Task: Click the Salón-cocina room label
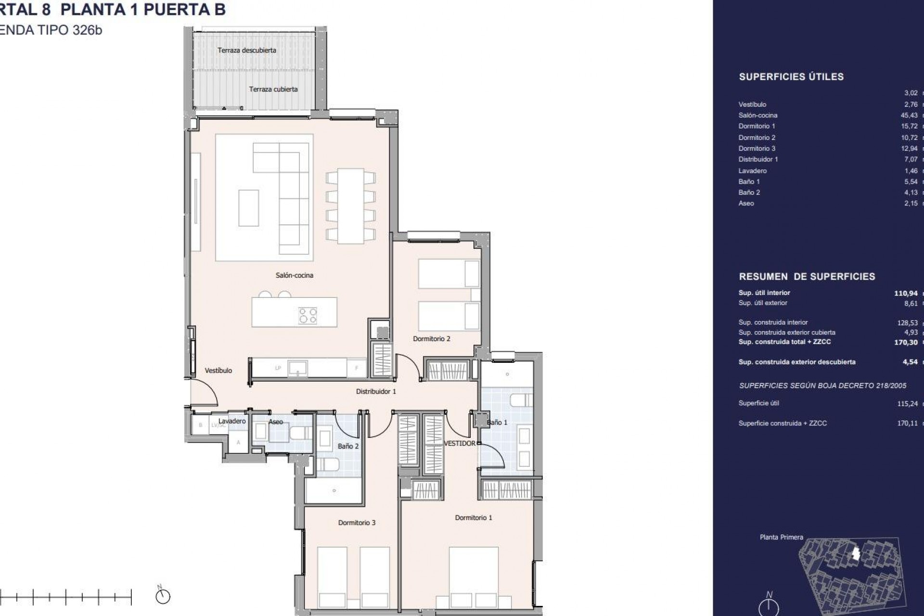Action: [294, 275]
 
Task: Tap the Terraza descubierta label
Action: [246, 50]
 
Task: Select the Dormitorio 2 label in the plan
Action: [431, 339]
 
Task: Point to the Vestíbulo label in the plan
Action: [218, 371]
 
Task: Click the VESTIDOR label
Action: [459, 443]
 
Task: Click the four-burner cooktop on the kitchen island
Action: [308, 315]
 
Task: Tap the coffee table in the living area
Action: [248, 208]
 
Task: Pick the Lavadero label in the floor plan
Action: [232, 421]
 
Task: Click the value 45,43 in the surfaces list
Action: [909, 115]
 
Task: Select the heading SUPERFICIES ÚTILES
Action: [791, 77]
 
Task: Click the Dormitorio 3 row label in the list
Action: [757, 148]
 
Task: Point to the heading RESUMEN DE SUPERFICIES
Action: [807, 277]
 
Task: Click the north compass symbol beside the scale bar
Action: [163, 597]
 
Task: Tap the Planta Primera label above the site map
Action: [781, 537]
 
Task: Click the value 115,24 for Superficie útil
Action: [907, 404]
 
